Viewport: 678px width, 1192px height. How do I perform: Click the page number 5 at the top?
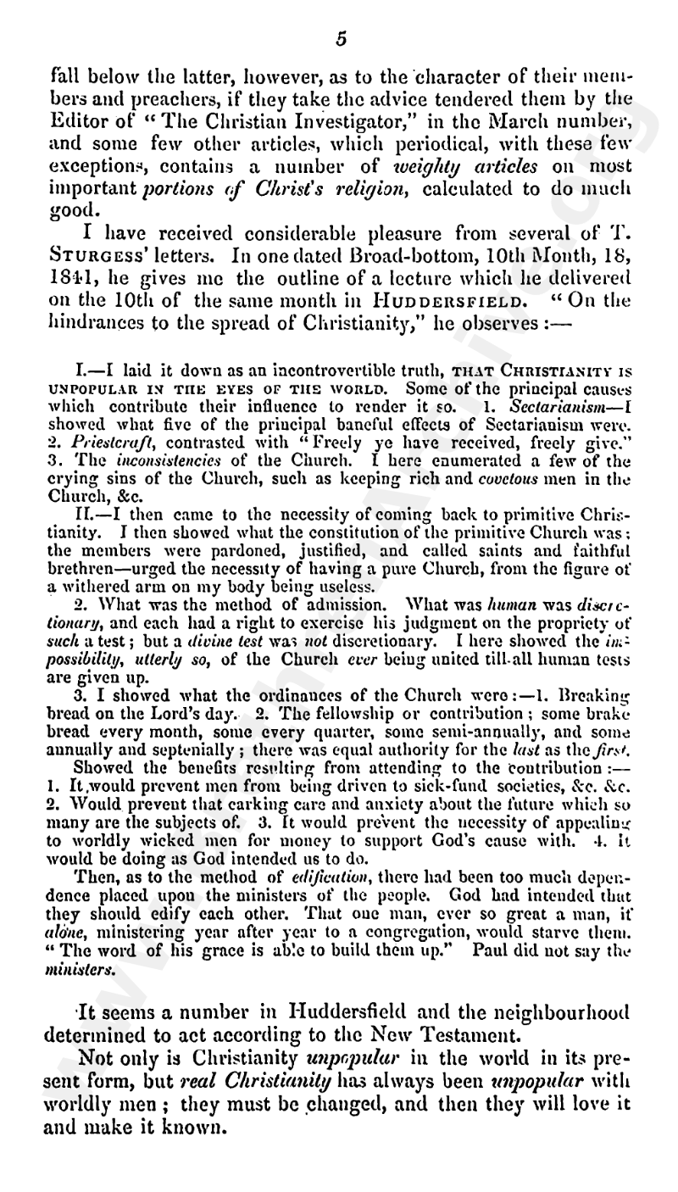(341, 38)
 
